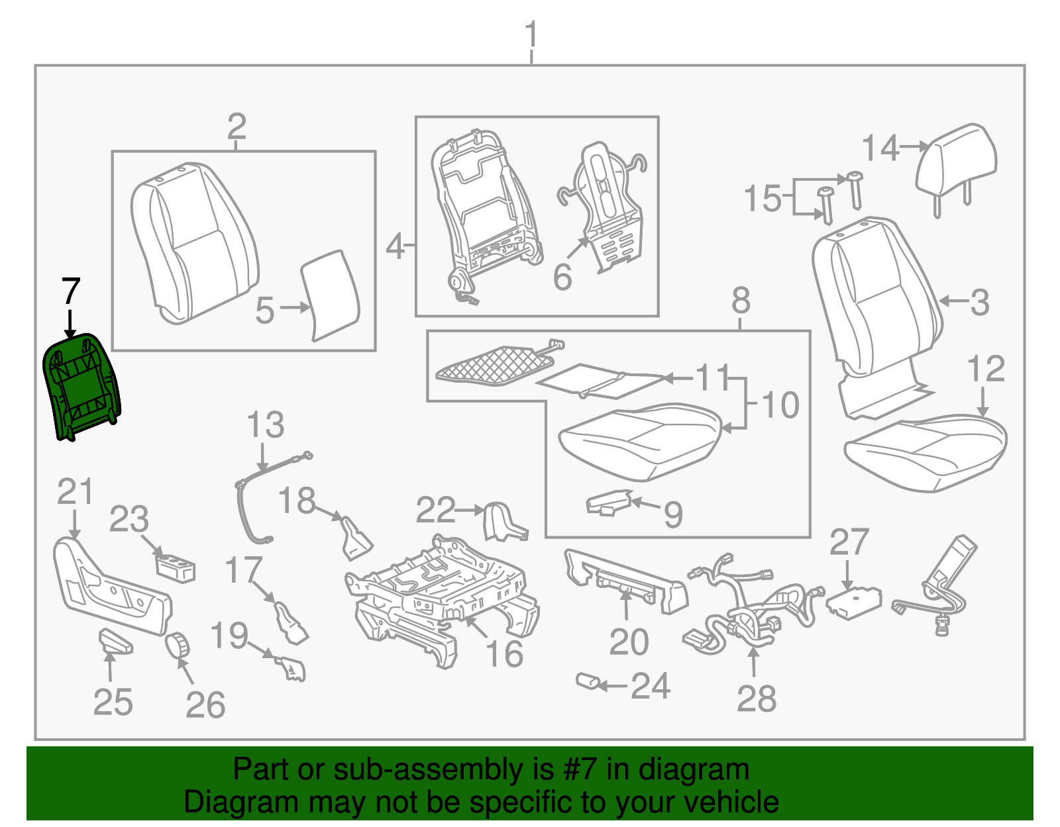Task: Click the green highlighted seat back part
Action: tap(81, 387)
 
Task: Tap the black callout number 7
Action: tap(70, 292)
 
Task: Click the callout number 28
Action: tap(757, 699)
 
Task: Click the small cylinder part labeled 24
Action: tap(587, 681)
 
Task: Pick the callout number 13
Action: tap(265, 425)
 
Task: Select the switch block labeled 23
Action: tap(176, 568)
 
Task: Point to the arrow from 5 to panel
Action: tap(295, 308)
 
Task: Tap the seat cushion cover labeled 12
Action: tap(927, 450)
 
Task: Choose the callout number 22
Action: tap(435, 511)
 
